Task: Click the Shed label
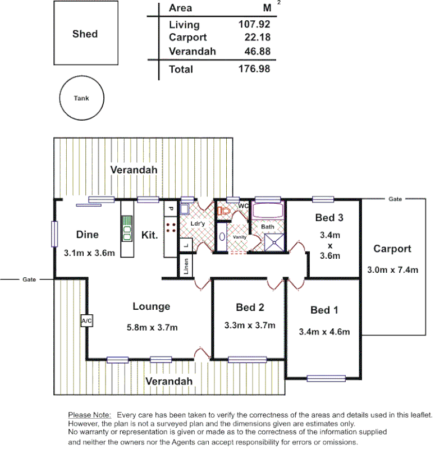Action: pyautogui.click(x=85, y=34)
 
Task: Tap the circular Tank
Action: pyautogui.click(x=81, y=98)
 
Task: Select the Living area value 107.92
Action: pyautogui.click(x=255, y=25)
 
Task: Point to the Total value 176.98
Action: pyautogui.click(x=255, y=69)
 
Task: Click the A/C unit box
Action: pyautogui.click(x=87, y=320)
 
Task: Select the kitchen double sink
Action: pyautogui.click(x=127, y=233)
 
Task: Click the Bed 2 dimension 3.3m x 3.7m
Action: pyautogui.click(x=250, y=325)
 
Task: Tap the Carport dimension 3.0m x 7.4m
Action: pyautogui.click(x=392, y=270)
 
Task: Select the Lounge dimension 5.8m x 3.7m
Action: pyautogui.click(x=152, y=327)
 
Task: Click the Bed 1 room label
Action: pyautogui.click(x=324, y=310)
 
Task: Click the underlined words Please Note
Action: pyautogui.click(x=89, y=414)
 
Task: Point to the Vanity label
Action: pyautogui.click(x=240, y=237)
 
